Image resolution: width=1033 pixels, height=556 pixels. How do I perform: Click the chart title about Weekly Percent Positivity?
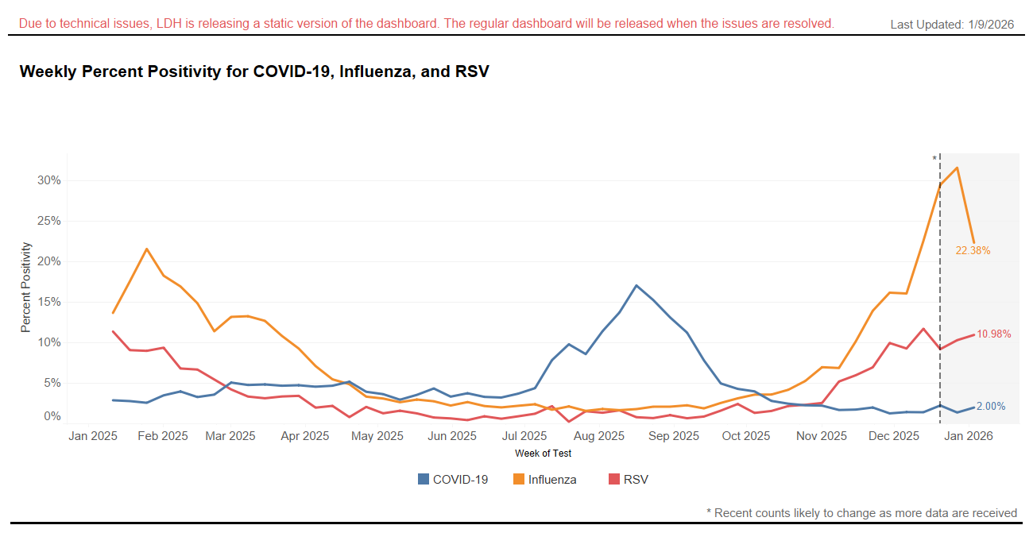coord(253,71)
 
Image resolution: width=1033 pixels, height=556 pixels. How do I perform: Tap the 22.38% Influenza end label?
coord(973,251)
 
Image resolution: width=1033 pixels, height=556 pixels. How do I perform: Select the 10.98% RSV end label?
coord(994,334)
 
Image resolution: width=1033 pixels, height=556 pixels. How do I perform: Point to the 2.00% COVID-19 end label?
coord(991,406)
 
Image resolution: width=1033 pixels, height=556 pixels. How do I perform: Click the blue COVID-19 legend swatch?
coord(424,479)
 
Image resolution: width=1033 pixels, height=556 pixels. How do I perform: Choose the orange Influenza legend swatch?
coord(519,479)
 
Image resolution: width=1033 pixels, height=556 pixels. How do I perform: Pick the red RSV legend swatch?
coord(614,479)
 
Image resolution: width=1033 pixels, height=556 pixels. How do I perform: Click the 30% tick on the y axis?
coord(49,180)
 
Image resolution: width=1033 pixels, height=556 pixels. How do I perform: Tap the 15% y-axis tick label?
coord(49,302)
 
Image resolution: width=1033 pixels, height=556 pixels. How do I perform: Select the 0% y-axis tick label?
coord(52,416)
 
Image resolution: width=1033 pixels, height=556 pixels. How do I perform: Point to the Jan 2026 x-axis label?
coord(967,436)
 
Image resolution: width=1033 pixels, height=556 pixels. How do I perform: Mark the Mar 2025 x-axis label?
coord(230,436)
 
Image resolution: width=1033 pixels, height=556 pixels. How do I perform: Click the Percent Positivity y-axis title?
coord(25,287)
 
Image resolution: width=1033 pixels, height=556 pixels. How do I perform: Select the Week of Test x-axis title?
coord(543,454)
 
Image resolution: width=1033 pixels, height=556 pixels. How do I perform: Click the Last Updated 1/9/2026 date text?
coord(952,25)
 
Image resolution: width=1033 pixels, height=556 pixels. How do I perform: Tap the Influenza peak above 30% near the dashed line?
coord(957,168)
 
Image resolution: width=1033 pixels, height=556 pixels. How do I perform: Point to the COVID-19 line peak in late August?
coord(636,285)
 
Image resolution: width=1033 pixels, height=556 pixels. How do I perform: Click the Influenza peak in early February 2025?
coord(146,249)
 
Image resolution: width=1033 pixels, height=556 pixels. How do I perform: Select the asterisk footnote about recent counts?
coord(861,513)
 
